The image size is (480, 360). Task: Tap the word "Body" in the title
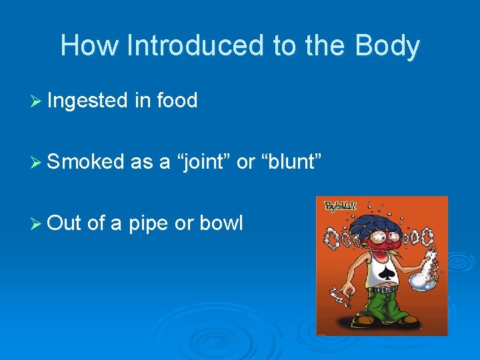pyautogui.click(x=387, y=46)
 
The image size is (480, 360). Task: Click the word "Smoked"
pyautogui.click(x=86, y=162)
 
